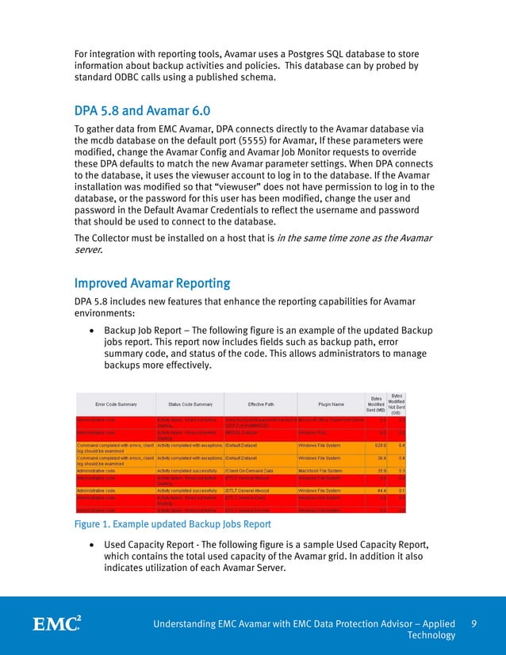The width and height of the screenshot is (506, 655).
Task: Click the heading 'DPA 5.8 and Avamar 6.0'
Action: tap(142, 109)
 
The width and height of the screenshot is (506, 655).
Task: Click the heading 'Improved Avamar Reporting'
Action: tap(152, 283)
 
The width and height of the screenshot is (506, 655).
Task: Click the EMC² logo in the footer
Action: tap(56, 624)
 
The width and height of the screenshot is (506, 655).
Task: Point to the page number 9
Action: tap(473, 624)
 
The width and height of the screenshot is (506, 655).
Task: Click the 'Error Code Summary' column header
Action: tap(114, 403)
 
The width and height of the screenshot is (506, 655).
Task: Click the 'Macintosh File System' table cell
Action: tap(325, 469)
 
